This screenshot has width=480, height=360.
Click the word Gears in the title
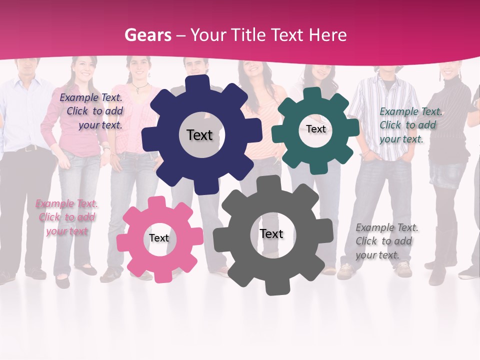click(147, 35)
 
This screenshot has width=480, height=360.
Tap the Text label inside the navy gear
click(199, 135)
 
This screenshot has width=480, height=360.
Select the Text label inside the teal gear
click(315, 129)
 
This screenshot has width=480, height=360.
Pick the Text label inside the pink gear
click(159, 238)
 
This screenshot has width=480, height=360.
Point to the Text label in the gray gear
click(271, 233)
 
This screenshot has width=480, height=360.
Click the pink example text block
click(66, 217)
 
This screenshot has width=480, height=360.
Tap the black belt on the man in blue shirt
click(27, 148)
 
